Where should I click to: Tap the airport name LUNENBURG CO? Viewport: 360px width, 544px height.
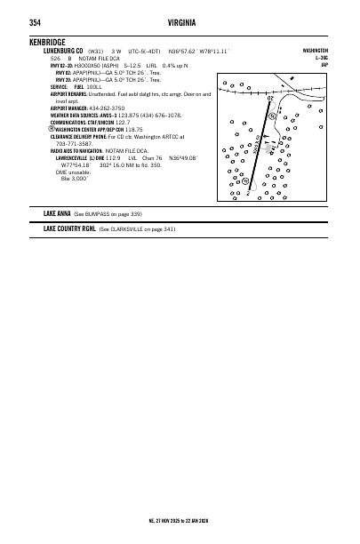point(63,51)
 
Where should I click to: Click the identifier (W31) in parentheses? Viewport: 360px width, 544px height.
point(96,51)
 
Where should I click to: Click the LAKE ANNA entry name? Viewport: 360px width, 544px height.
point(60,214)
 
